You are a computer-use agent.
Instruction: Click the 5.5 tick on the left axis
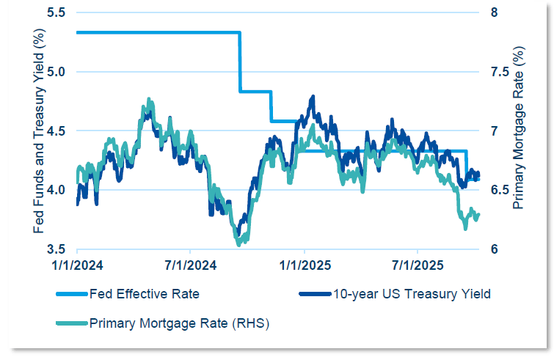pos(61,13)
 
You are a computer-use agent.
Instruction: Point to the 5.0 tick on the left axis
pos(61,72)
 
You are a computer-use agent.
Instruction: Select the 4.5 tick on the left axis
pos(61,131)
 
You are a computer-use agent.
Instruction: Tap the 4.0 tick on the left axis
pos(61,189)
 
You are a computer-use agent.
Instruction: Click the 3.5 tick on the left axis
pos(61,249)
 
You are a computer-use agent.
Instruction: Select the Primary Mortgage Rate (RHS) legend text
pos(179,322)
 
